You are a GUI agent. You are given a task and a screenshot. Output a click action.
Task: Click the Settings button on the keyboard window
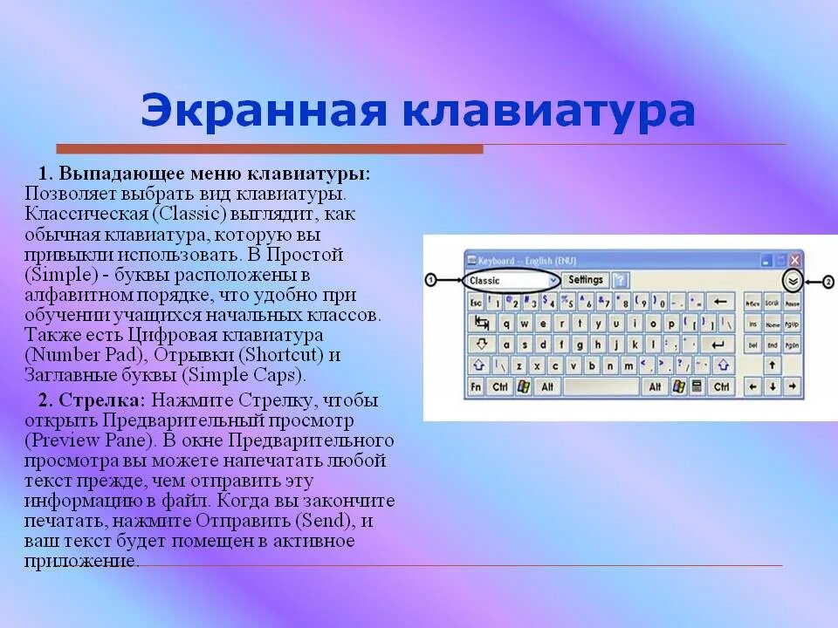[x=585, y=280]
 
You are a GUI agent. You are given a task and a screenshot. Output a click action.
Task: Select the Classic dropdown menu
[x=512, y=280]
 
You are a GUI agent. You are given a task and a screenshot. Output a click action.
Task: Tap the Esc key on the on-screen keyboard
[x=476, y=302]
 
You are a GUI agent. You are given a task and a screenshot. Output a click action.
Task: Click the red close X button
[x=795, y=260]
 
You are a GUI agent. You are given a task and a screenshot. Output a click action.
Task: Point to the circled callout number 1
[x=430, y=280]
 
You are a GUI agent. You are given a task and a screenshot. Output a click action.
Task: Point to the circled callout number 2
[x=828, y=281]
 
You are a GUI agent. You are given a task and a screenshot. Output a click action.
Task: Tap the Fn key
[x=476, y=386]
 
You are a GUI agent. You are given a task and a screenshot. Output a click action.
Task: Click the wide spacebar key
[x=601, y=386]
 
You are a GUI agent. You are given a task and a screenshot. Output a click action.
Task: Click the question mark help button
[x=620, y=280]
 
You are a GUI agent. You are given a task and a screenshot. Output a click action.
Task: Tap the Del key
[x=752, y=345]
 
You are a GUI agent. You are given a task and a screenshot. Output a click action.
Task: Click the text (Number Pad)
[x=80, y=355]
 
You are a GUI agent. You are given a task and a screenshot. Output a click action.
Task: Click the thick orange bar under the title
[x=270, y=149]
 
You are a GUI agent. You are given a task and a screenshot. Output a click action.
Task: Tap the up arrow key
[x=773, y=365]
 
